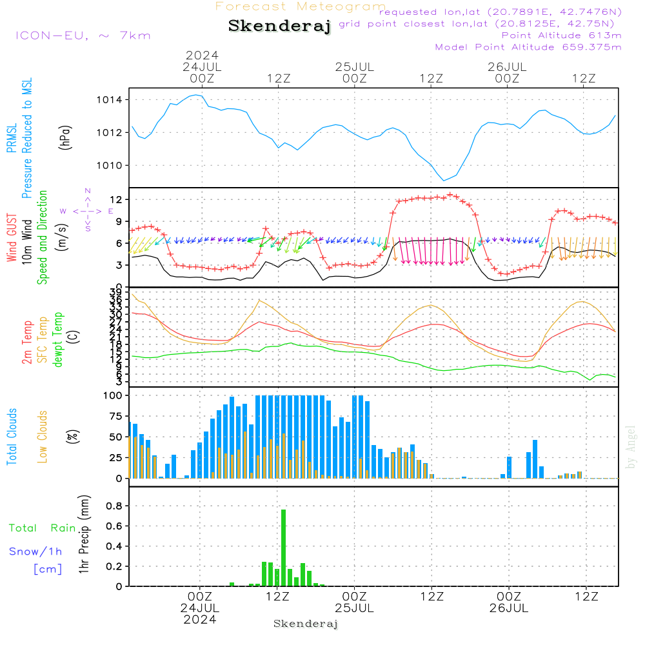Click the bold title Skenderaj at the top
[279, 26]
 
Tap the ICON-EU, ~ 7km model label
[83, 35]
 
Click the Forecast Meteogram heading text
[300, 6]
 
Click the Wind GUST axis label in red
[12, 238]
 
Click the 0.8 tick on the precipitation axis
[115, 506]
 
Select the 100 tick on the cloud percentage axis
[112, 395]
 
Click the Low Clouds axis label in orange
[43, 436]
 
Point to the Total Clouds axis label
[12, 436]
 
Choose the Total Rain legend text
[43, 528]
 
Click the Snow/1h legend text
[35, 551]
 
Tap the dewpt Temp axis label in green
[58, 340]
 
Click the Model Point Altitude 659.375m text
[528, 47]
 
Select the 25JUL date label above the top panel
[354, 66]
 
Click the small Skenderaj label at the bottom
[306, 624]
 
